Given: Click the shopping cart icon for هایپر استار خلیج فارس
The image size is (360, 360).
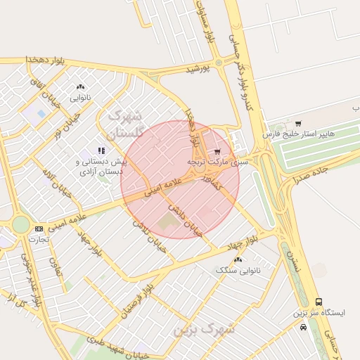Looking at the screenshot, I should click(x=298, y=124).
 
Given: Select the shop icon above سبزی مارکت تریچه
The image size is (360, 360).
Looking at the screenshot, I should click(x=217, y=151).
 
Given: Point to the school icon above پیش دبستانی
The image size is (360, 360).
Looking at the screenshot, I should click(x=101, y=150).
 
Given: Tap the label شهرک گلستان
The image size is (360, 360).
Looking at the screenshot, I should click(x=125, y=124).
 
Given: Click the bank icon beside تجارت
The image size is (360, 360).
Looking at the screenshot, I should click(x=39, y=229).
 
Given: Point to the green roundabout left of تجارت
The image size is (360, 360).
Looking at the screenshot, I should click(x=21, y=224).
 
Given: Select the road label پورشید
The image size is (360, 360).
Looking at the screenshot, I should click(x=199, y=70).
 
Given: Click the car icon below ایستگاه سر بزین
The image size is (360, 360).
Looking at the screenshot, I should click(x=303, y=327).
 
